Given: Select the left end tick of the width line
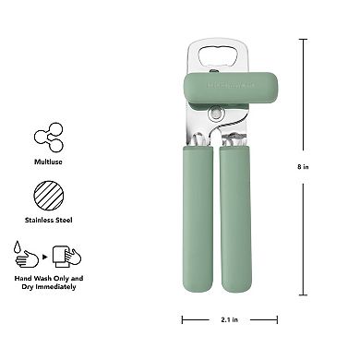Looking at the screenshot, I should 183,320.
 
